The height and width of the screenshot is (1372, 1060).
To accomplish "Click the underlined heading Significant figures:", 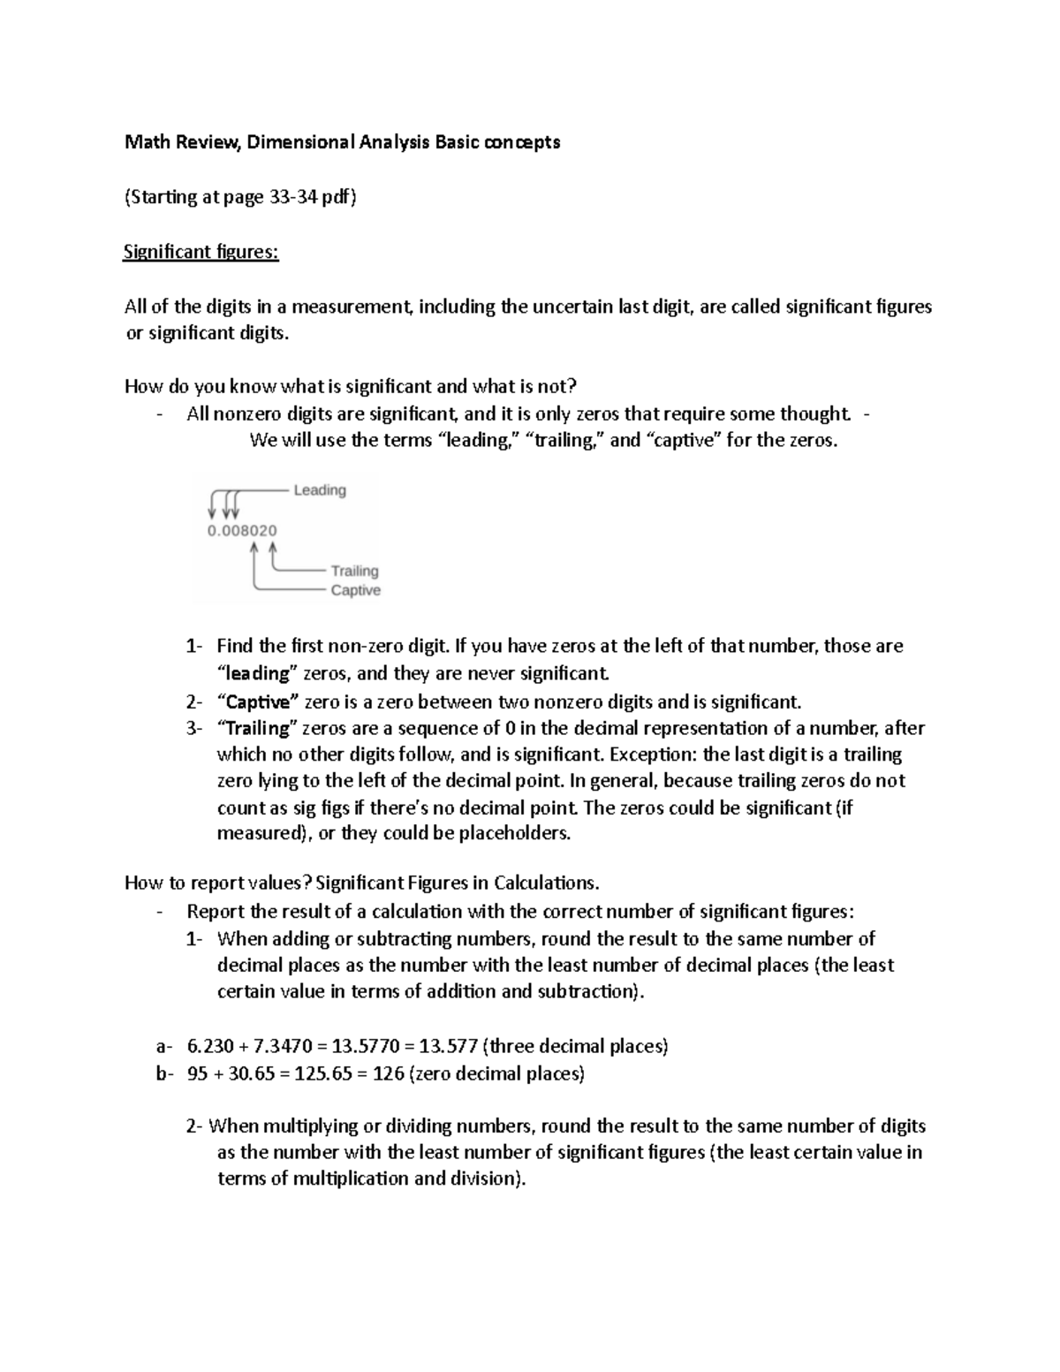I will pyautogui.click(x=201, y=253).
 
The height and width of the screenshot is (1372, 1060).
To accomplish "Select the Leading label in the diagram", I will pyautogui.click(x=320, y=490).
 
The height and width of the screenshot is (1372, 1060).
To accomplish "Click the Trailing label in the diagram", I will pyautogui.click(x=354, y=571).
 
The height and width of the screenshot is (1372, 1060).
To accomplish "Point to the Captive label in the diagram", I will pyautogui.click(x=355, y=590).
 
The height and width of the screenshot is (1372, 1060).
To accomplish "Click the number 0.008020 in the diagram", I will pyautogui.click(x=242, y=531).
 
